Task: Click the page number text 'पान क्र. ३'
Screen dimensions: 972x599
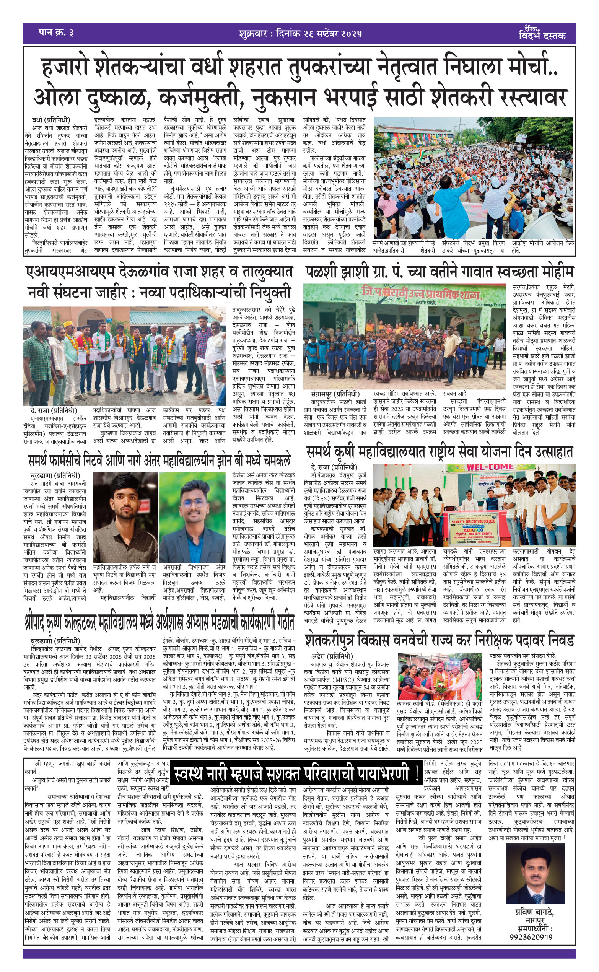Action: pos(56,33)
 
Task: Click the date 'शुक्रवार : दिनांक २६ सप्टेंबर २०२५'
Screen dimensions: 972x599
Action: pos(300,34)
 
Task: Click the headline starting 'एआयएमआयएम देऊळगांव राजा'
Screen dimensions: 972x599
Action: pos(158,272)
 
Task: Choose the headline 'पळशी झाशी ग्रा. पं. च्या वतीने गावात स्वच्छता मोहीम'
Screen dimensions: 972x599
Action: pos(439,272)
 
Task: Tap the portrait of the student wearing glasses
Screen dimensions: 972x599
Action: pos(192,517)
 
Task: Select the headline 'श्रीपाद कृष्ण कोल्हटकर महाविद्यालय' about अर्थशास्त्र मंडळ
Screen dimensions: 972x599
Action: pos(158,622)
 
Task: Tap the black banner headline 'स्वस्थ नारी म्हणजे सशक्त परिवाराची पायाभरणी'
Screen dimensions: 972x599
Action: pos(296,773)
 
